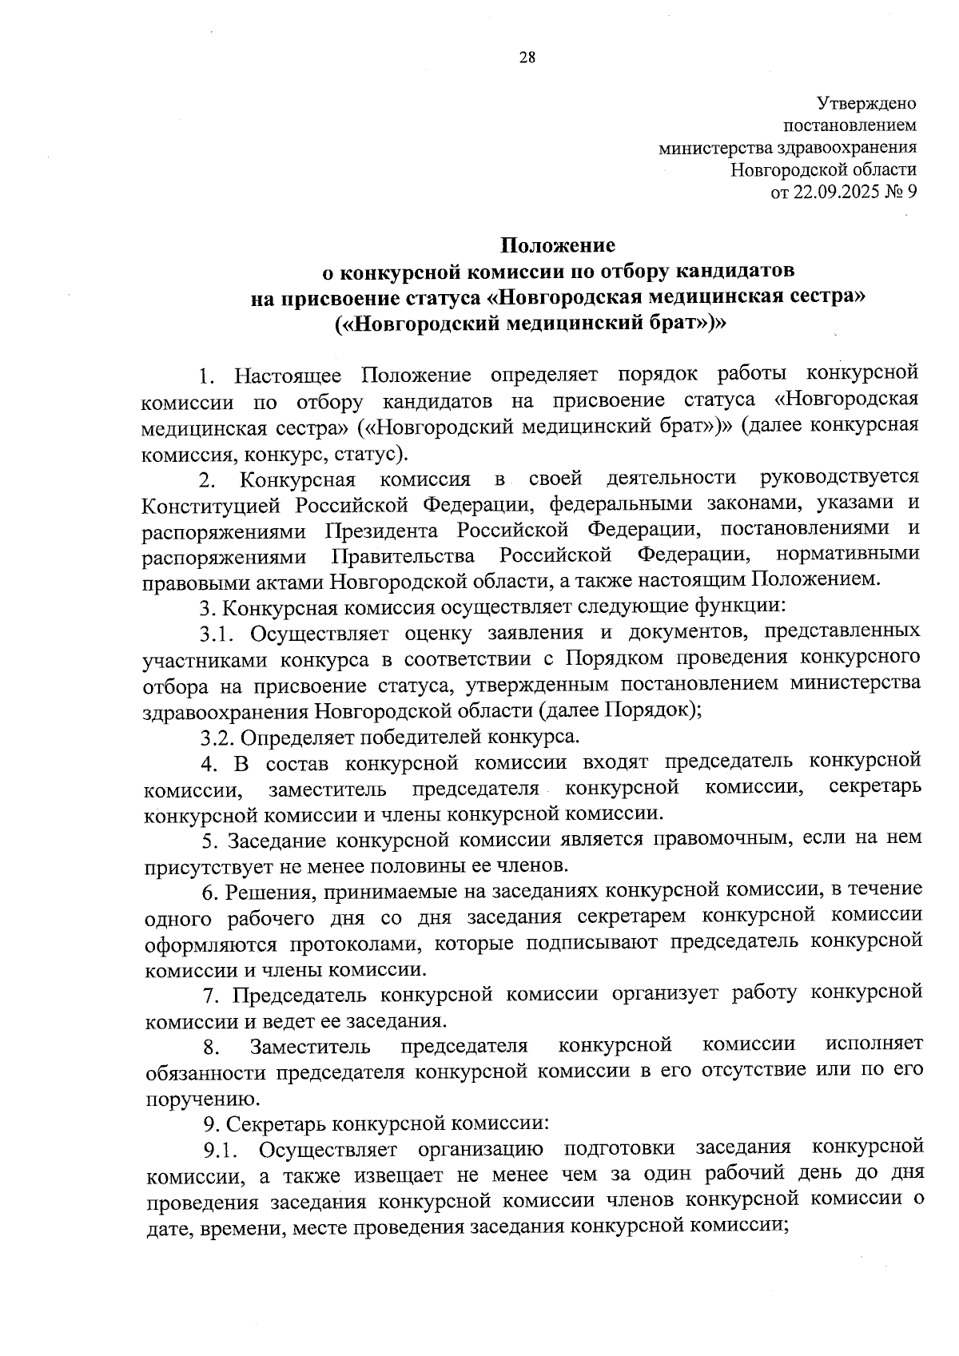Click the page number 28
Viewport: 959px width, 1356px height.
[527, 57]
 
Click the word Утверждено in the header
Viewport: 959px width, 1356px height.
[866, 103]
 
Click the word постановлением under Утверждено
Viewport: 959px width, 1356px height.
[850, 125]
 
